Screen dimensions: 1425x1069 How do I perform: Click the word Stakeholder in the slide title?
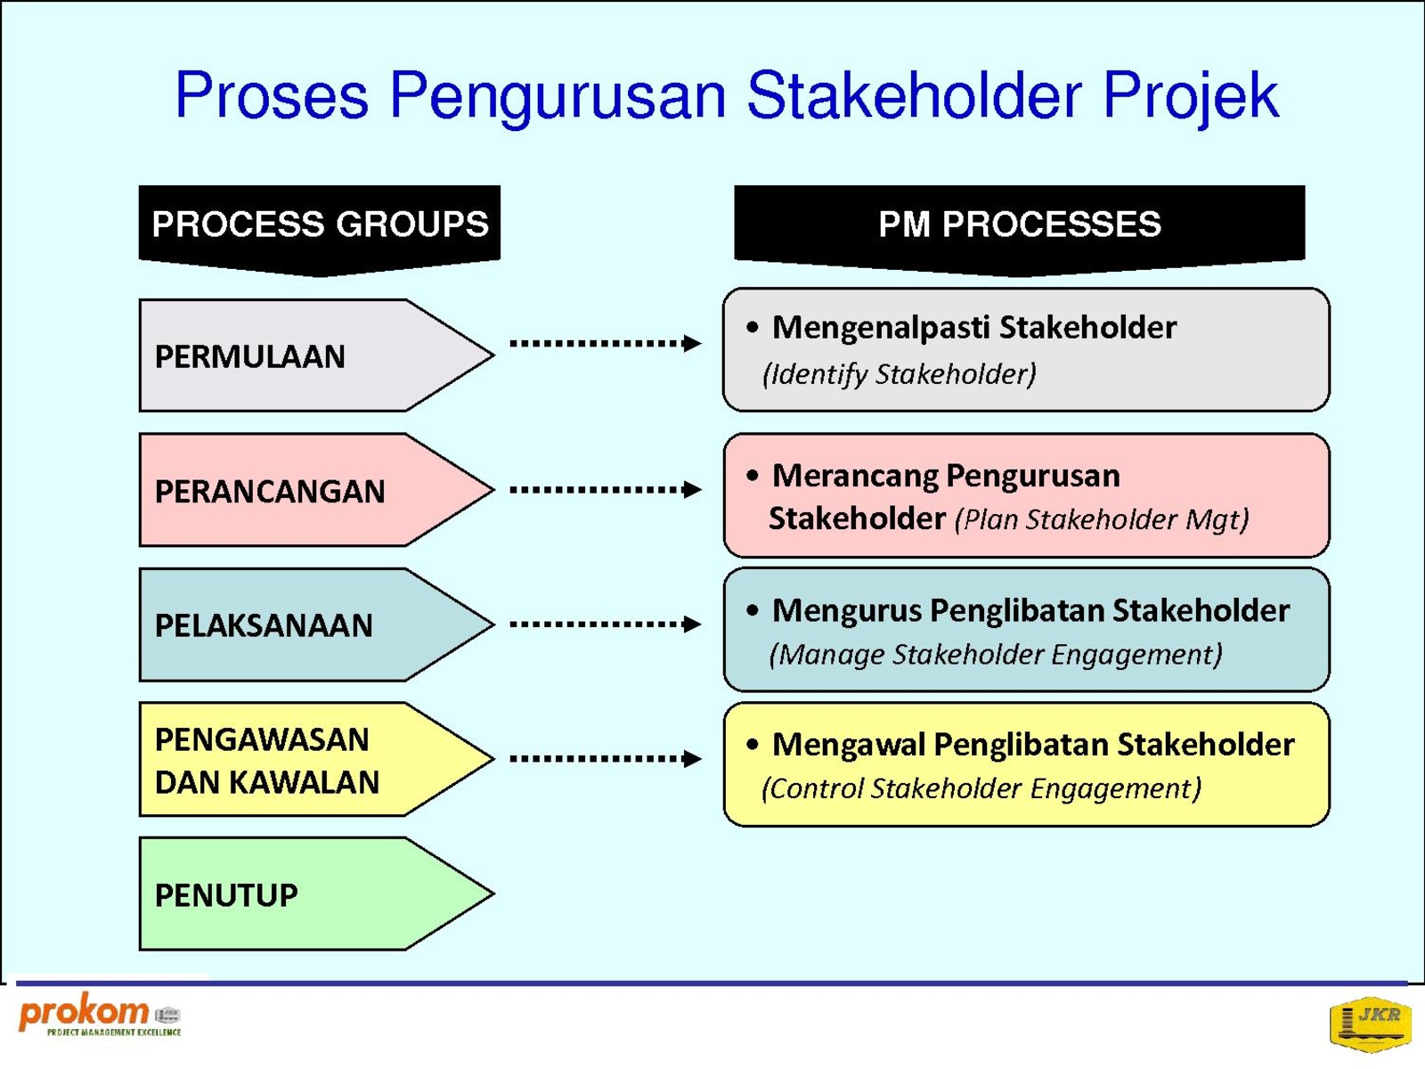pos(914,95)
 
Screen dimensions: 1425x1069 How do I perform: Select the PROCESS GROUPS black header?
pos(320,231)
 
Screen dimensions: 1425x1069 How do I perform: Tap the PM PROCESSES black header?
pos(1019,231)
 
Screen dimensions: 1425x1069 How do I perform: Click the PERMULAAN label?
pos(250,356)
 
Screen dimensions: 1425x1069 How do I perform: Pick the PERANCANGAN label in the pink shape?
pos(270,492)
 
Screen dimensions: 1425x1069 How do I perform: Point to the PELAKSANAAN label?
pos(264,625)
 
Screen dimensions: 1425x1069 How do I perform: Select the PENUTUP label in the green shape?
pos(226,895)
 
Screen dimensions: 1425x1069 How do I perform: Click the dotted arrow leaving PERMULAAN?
pos(606,343)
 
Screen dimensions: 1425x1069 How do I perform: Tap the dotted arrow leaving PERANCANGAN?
pos(606,489)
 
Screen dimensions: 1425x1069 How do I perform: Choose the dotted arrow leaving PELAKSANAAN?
pos(606,624)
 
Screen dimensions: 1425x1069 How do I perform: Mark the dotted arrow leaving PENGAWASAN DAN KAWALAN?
pos(606,758)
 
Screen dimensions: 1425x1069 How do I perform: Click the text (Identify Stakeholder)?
pos(900,374)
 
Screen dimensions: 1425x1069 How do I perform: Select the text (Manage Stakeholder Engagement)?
pos(996,654)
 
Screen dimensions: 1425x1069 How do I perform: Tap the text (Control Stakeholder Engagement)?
pos(981,788)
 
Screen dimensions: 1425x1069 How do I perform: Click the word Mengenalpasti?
pos(881,328)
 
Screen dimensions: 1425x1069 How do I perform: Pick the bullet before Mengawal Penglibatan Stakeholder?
pos(753,745)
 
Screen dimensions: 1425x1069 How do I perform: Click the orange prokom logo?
pos(100,1015)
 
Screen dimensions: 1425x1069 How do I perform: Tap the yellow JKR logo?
pos(1370,1024)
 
